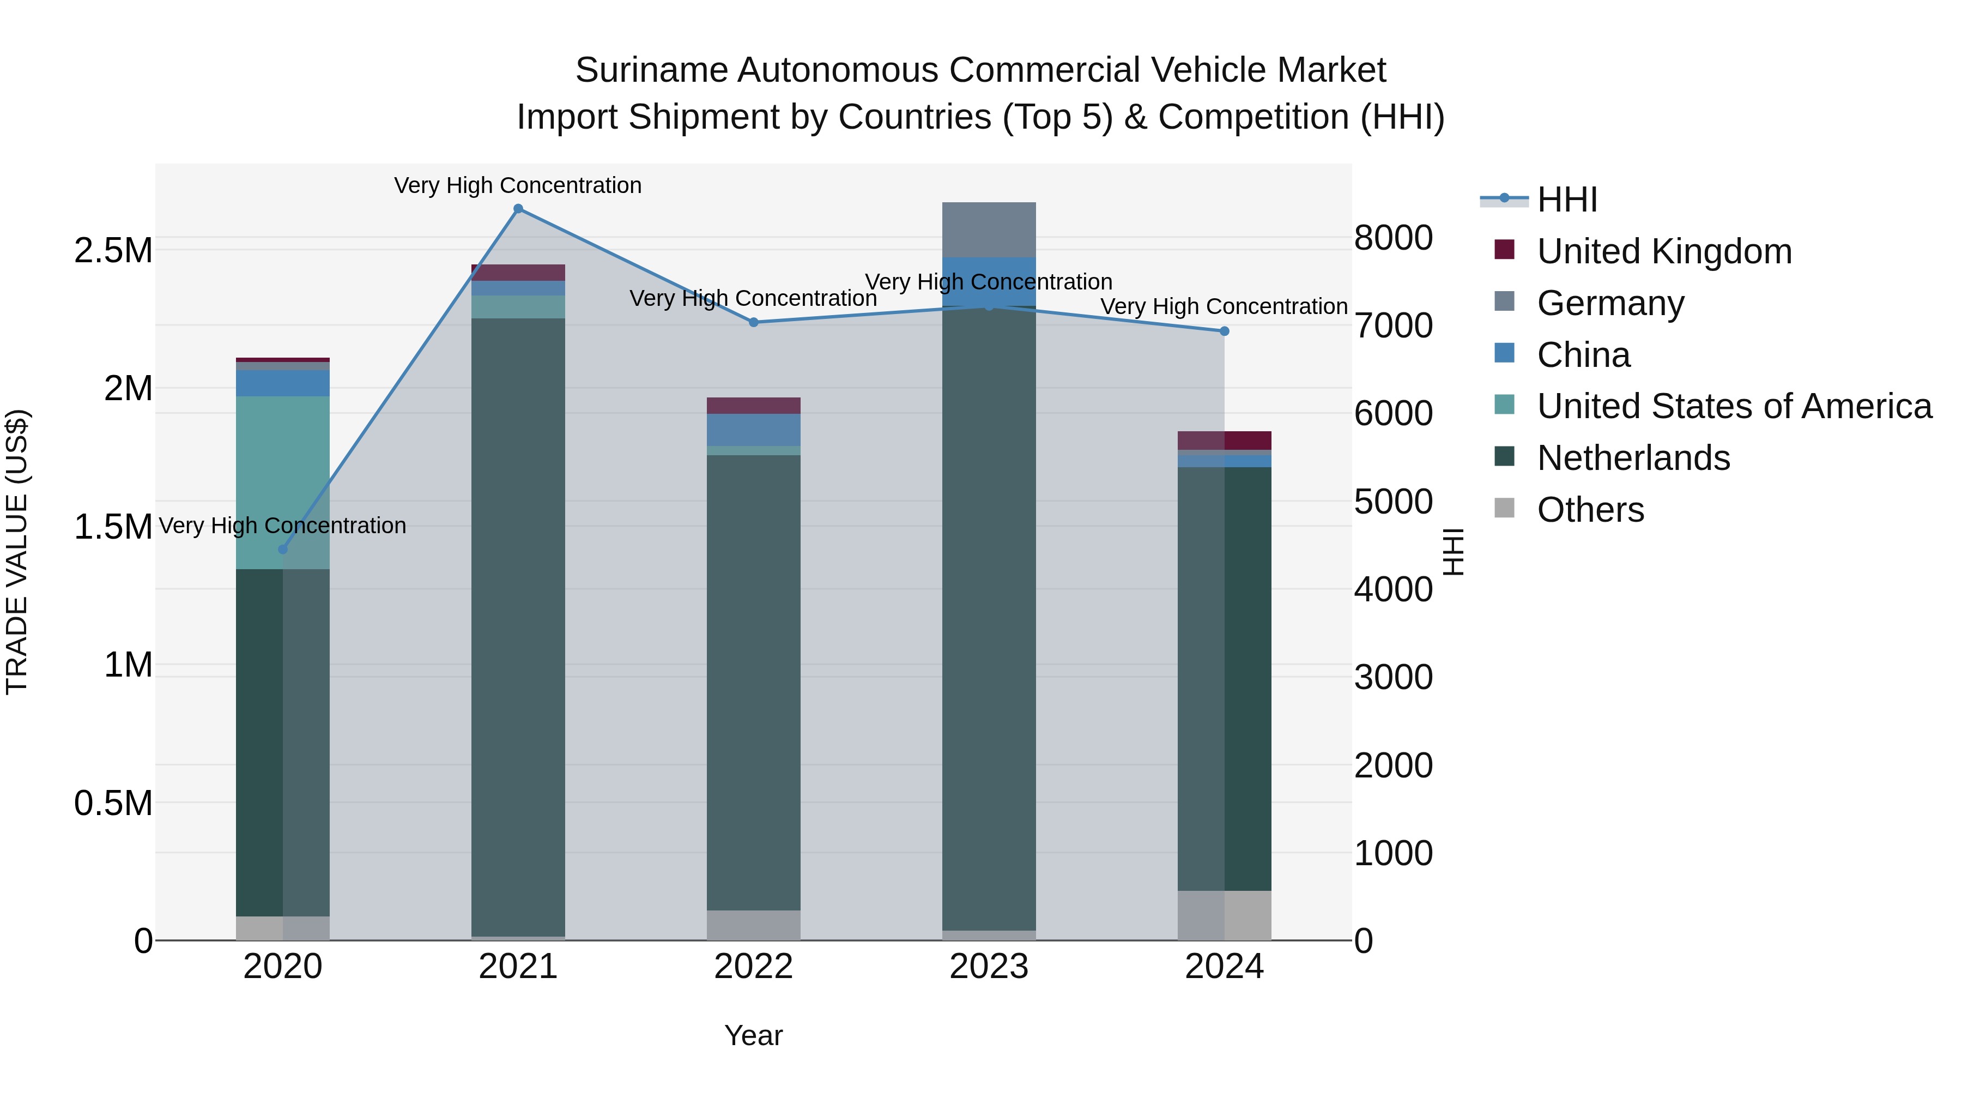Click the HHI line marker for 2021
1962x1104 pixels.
click(x=518, y=209)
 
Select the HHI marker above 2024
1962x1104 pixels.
click(x=1224, y=331)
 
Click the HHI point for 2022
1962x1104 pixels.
click(x=753, y=322)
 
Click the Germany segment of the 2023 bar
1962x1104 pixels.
click(x=989, y=230)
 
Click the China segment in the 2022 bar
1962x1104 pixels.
click(x=753, y=430)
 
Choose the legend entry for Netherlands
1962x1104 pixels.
click(x=1633, y=458)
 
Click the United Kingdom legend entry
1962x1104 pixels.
click(x=1664, y=251)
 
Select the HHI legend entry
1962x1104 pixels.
click(x=1567, y=200)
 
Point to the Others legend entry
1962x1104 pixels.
click(x=1590, y=510)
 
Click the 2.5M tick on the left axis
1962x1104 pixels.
click(x=113, y=251)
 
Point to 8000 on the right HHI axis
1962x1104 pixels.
click(x=1393, y=238)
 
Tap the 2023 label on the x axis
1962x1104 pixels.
click(x=989, y=967)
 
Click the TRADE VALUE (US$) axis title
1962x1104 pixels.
click(x=17, y=552)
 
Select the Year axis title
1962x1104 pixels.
click(x=753, y=1035)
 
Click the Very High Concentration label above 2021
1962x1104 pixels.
click(x=518, y=185)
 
